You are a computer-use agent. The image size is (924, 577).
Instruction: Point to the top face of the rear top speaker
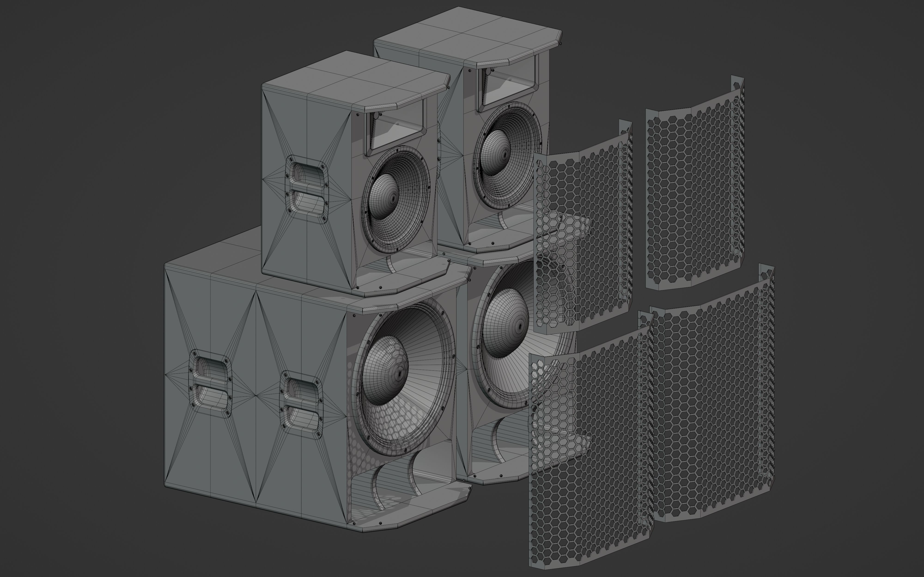pyautogui.click(x=466, y=34)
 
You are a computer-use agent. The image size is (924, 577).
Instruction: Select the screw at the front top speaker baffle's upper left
pyautogui.click(x=358, y=114)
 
